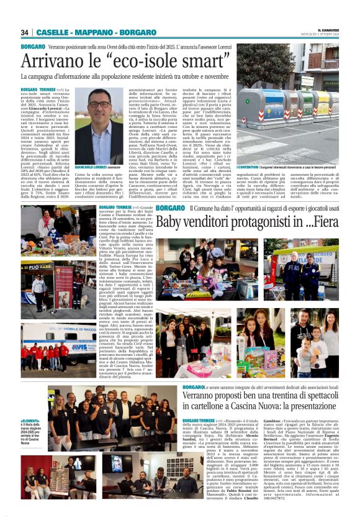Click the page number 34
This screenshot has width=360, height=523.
coord(25,32)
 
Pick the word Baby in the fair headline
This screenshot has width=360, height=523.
coord(169,222)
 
